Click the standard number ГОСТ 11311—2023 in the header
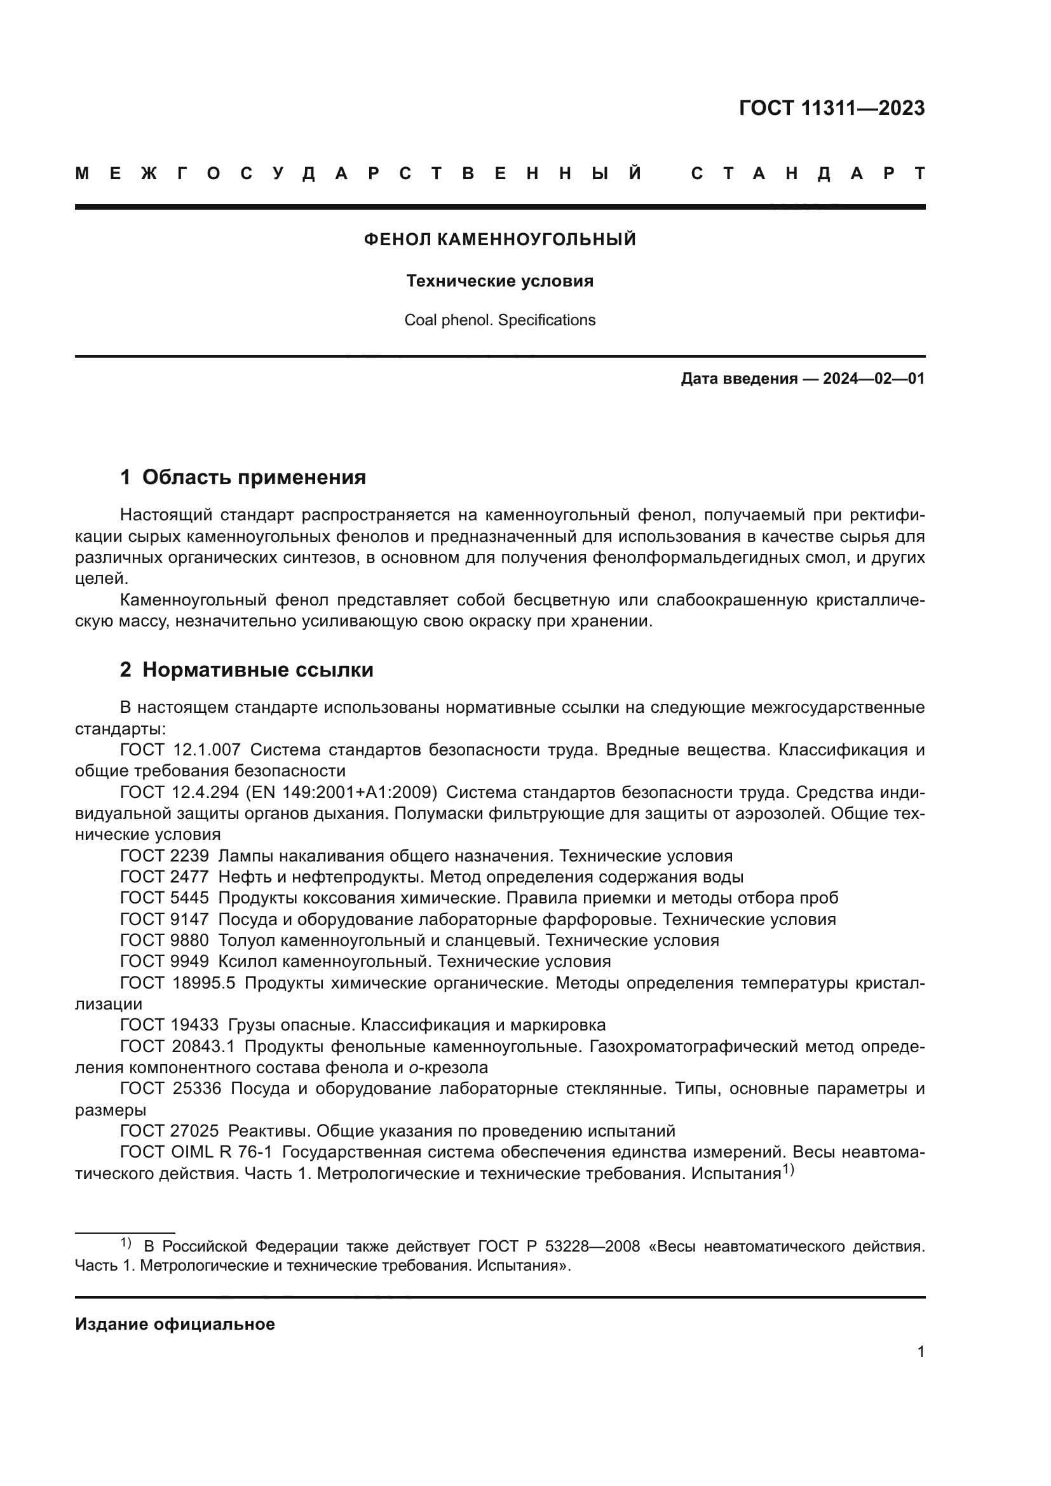pyautogui.click(x=832, y=108)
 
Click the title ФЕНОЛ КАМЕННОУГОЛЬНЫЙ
pyautogui.click(x=499, y=240)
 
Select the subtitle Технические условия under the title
pyautogui.click(x=499, y=281)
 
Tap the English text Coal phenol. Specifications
pyautogui.click(x=499, y=320)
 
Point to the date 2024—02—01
pyautogui.click(x=874, y=379)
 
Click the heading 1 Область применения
pyautogui.click(x=243, y=478)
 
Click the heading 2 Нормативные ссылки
pyautogui.click(x=247, y=670)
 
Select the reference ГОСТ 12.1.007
pyautogui.click(x=180, y=750)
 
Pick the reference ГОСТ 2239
pyautogui.click(x=165, y=856)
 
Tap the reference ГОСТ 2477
pyautogui.click(x=165, y=877)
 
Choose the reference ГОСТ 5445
pyautogui.click(x=165, y=898)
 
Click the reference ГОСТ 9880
pyautogui.click(x=165, y=940)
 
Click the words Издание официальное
pyautogui.click(x=175, y=1324)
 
